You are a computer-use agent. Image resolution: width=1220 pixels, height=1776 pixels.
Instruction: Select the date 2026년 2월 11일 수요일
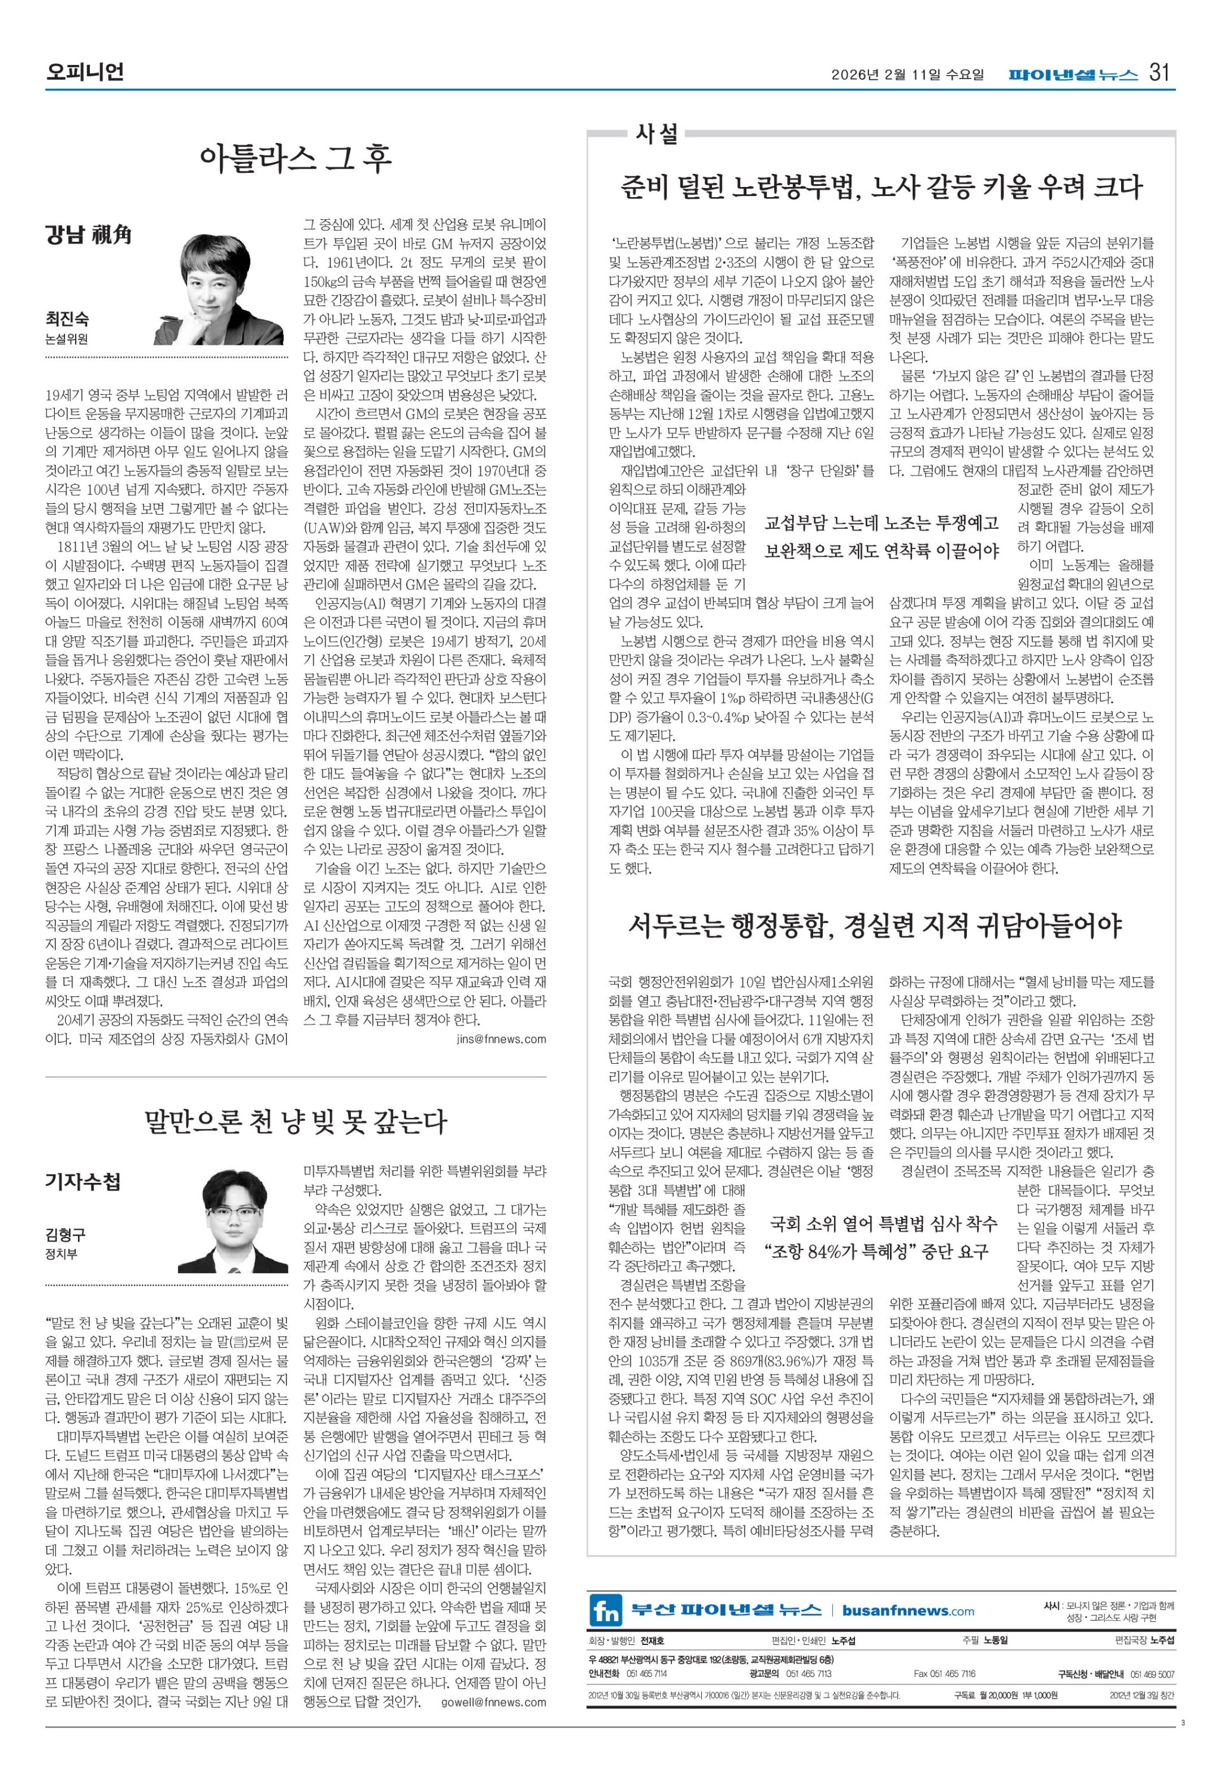[907, 75]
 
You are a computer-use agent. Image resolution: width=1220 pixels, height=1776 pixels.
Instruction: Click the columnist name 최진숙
[67, 319]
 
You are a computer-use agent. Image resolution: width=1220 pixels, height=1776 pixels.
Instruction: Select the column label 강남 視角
[88, 235]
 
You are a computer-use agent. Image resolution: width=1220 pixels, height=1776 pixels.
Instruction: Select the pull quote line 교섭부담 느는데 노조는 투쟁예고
[882, 523]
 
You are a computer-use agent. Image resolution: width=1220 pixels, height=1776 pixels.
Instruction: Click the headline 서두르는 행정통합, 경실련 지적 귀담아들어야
[874, 926]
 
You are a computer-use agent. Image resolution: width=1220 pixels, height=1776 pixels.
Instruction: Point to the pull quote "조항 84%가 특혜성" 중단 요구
[877, 1251]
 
